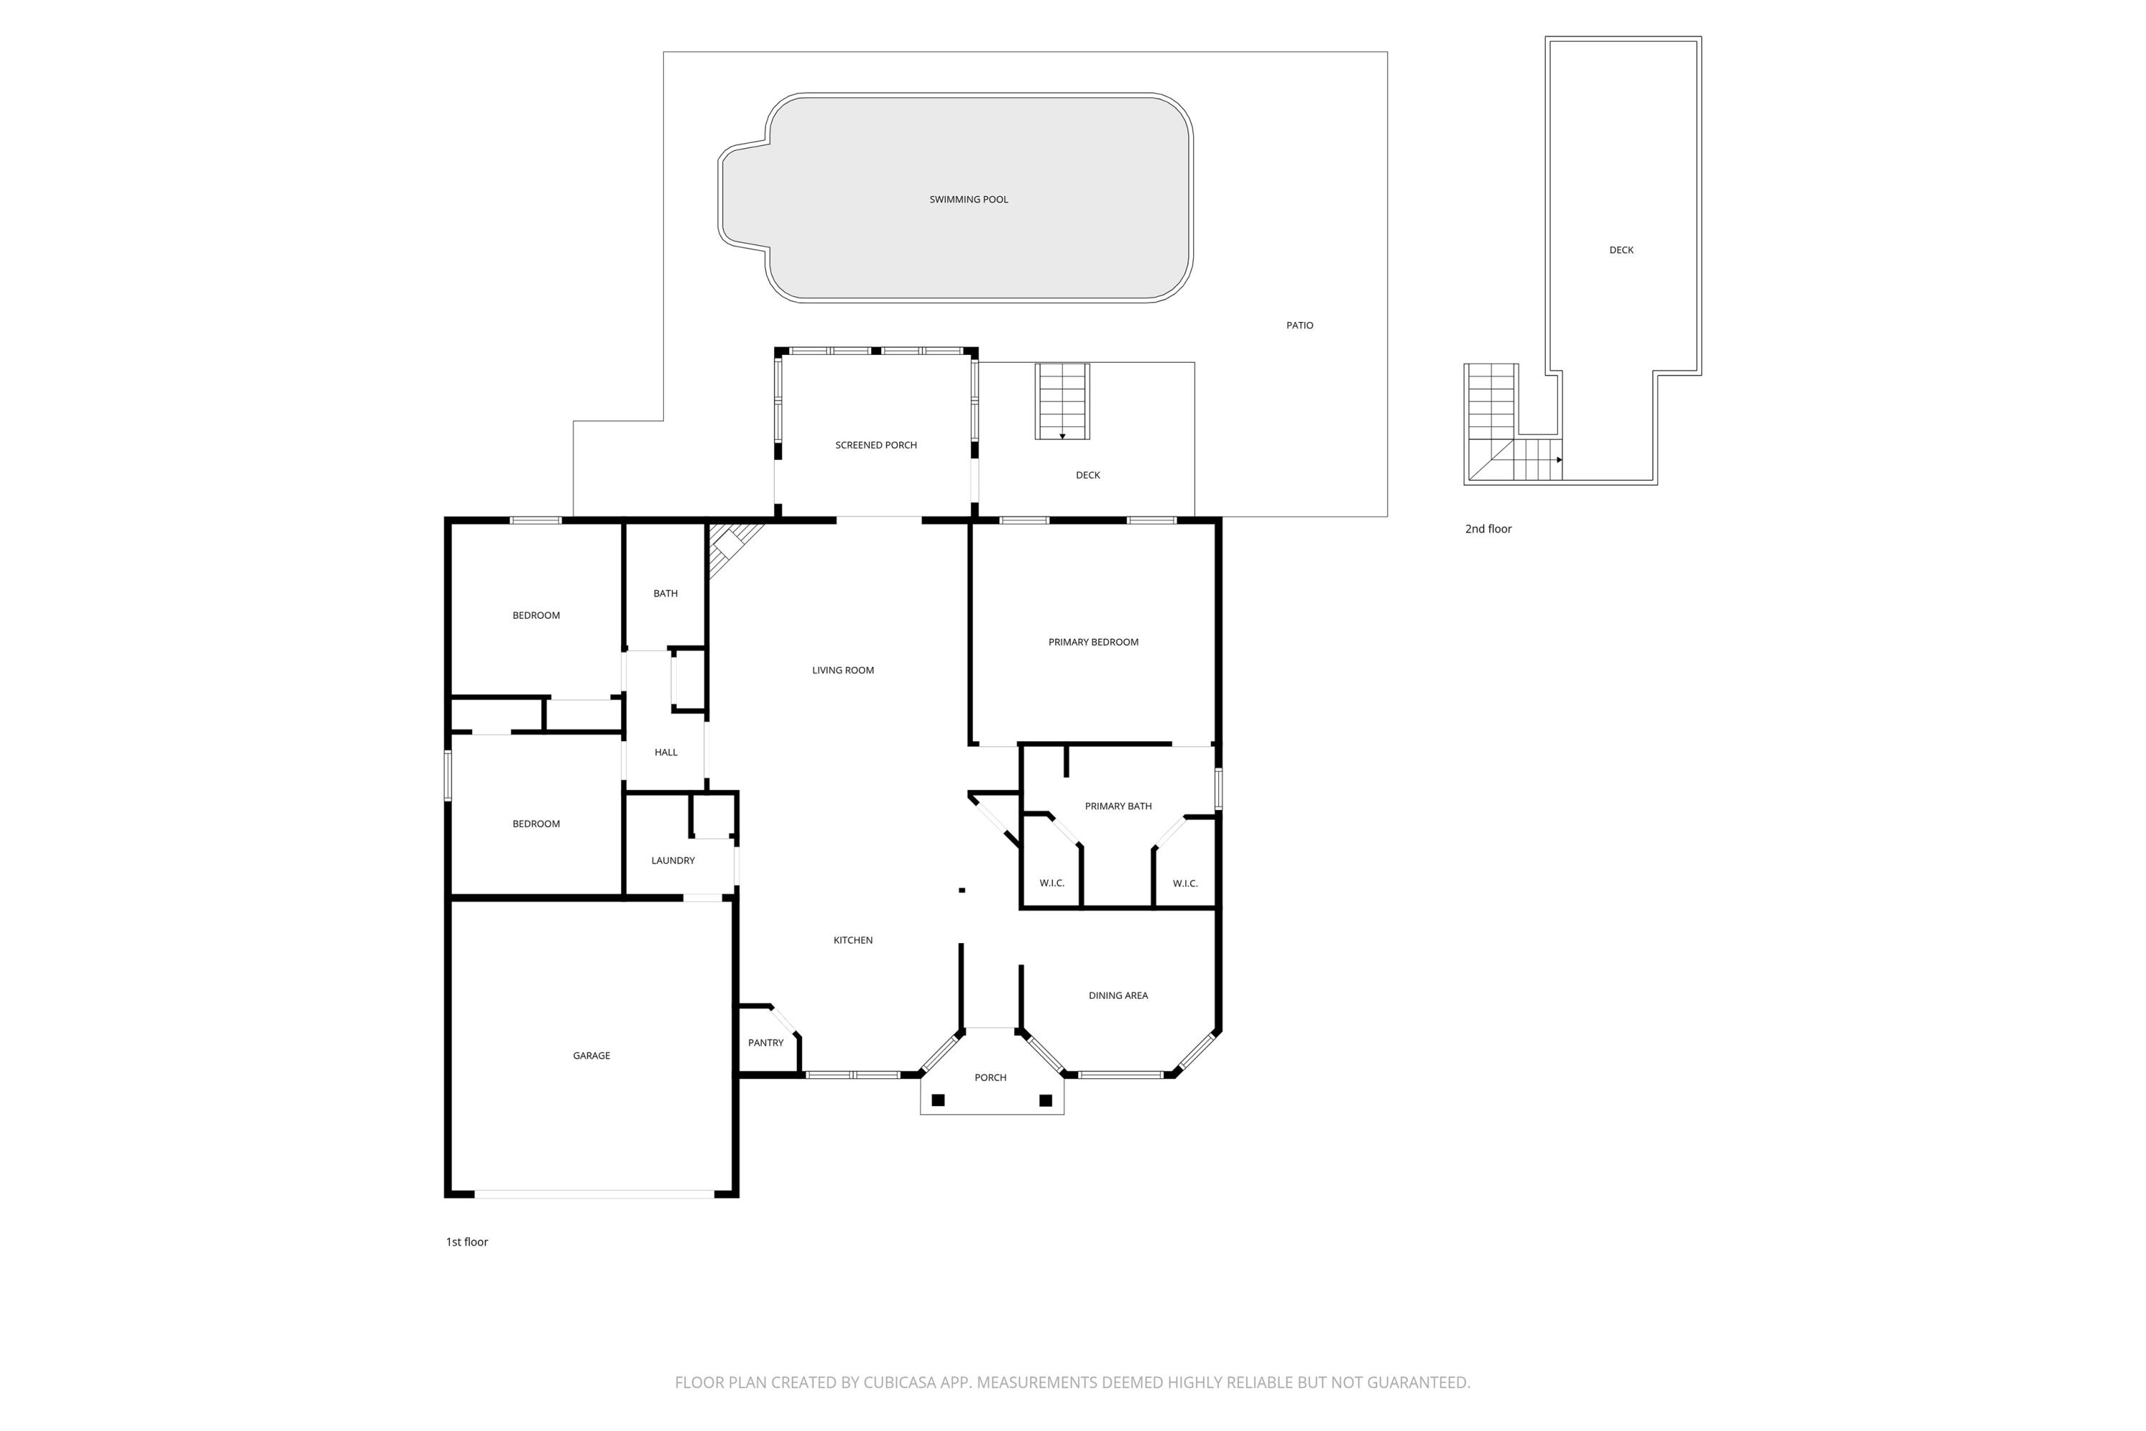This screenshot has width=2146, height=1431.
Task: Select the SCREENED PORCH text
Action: [876, 445]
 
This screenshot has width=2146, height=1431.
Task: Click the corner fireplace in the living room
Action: [730, 544]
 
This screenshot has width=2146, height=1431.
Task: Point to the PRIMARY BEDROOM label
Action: [1093, 643]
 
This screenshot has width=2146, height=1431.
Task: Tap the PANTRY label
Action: [765, 1043]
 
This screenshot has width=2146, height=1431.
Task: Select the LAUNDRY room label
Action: [672, 861]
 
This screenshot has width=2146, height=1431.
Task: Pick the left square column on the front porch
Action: [938, 1100]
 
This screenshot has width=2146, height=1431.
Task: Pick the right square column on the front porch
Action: [1046, 1100]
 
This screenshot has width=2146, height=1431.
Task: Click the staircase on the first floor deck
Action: [1062, 401]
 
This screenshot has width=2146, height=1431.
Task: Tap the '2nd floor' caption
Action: [1488, 529]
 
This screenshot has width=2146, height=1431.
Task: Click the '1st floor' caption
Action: [467, 1242]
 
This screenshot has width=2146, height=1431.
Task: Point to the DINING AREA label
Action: [1117, 996]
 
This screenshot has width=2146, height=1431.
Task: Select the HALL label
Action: [666, 753]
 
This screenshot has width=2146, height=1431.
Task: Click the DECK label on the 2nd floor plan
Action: [1622, 250]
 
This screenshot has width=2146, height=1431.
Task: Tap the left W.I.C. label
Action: [1052, 884]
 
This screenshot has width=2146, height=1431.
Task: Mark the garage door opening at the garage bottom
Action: [594, 1193]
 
